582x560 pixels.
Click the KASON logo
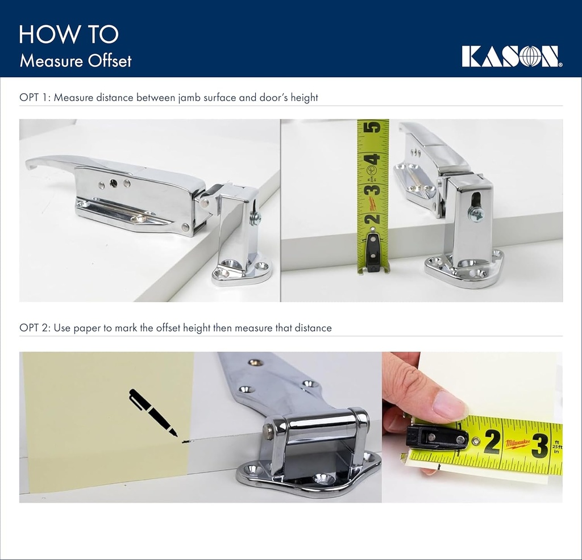tap(512, 57)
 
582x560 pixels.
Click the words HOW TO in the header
tap(68, 34)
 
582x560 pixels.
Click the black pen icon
tap(152, 412)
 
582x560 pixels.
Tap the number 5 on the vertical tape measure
tap(373, 128)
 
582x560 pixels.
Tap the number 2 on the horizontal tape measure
tap(492, 442)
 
